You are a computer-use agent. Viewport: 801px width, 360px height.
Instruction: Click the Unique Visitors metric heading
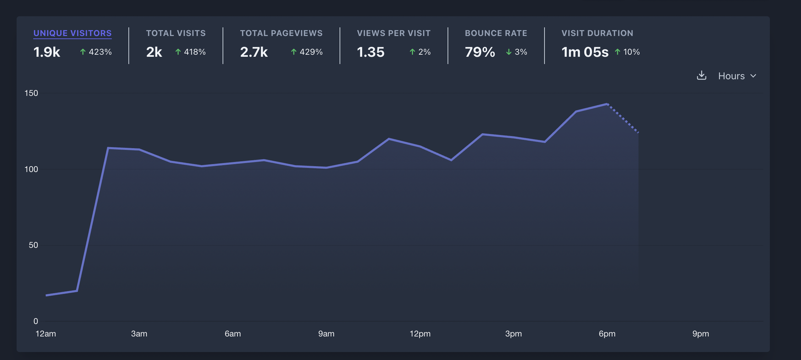click(x=72, y=33)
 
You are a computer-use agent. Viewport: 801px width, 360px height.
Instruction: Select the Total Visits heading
click(x=176, y=33)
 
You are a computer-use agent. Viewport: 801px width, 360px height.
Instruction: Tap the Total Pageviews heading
click(x=281, y=33)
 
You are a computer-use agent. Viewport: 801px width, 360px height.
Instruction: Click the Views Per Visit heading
click(x=394, y=33)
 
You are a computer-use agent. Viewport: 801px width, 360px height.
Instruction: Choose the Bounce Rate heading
click(x=496, y=33)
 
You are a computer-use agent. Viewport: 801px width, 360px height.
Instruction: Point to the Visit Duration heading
click(x=597, y=33)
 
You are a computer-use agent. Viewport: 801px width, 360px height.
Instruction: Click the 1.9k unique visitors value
click(x=47, y=52)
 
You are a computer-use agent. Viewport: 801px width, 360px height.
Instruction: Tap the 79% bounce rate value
click(x=480, y=52)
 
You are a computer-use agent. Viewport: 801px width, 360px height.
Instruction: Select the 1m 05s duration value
click(x=585, y=52)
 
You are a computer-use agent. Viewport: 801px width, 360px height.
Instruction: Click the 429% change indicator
click(x=307, y=52)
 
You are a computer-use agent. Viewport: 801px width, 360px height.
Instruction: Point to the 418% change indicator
click(x=191, y=52)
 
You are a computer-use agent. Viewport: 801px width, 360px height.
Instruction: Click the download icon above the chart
click(x=701, y=75)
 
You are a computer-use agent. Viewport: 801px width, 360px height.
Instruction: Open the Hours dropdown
click(x=737, y=76)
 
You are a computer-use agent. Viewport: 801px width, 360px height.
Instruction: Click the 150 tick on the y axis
click(x=31, y=93)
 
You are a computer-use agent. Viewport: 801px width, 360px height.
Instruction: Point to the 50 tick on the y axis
click(x=33, y=245)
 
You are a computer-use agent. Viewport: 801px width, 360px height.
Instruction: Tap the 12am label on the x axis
click(x=46, y=334)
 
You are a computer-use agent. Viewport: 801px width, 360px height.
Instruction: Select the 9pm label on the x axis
click(x=701, y=334)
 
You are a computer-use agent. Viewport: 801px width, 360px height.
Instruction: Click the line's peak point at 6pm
click(x=607, y=104)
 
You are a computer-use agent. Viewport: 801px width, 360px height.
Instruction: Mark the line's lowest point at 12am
click(x=46, y=295)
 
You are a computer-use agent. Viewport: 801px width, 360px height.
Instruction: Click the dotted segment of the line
click(x=623, y=118)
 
